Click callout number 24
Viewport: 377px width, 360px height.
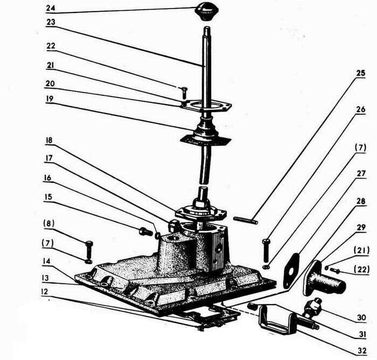pos(50,8)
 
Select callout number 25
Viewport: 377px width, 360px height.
pos(360,73)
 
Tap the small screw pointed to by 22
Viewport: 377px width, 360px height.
pos(184,93)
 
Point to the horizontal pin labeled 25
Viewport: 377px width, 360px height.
pos(246,220)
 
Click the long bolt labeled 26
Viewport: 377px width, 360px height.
pos(267,250)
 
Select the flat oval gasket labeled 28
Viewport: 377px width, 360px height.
pos(291,271)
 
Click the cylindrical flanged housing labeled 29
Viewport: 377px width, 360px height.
pos(323,279)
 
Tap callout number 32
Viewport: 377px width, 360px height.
pos(362,351)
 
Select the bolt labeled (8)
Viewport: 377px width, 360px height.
pos(88,250)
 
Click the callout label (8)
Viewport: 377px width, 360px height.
pos(49,224)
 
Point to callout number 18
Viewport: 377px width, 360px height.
pos(49,140)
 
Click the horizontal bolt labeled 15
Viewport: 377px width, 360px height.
pos(146,232)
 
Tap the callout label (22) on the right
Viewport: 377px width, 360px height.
pos(362,269)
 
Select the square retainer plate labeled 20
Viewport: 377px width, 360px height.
pos(206,106)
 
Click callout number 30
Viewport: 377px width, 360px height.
pos(361,317)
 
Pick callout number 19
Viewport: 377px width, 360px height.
pos(50,99)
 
